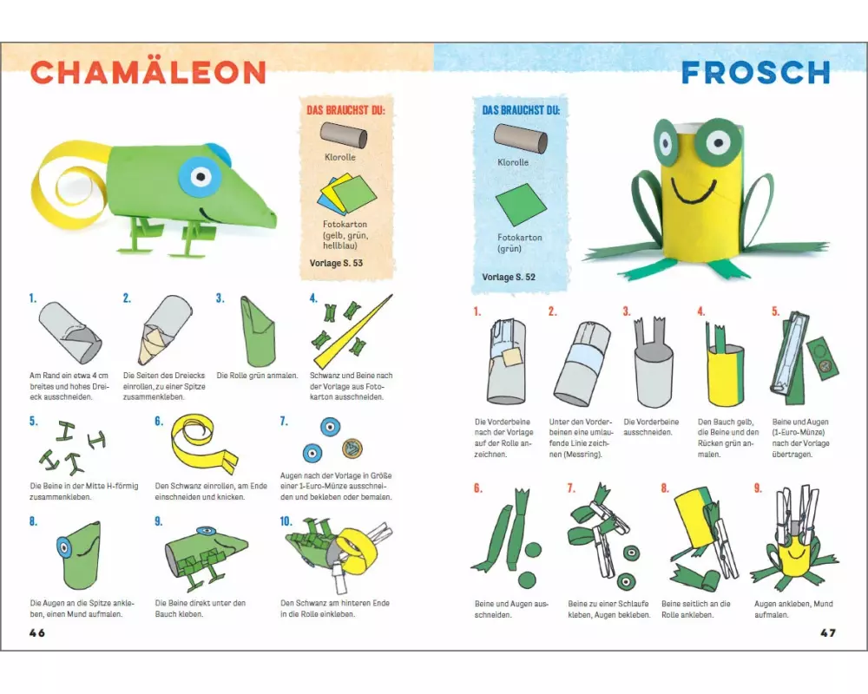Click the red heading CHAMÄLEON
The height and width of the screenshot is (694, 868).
pyautogui.click(x=148, y=73)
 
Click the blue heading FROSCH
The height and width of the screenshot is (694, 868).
pyautogui.click(x=756, y=73)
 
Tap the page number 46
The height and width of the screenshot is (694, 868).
pyautogui.click(x=37, y=632)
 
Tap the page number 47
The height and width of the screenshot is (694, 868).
pyautogui.click(x=827, y=632)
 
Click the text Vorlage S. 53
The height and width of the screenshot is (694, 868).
pyautogui.click(x=336, y=263)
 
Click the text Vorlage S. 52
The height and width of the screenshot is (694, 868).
pyautogui.click(x=509, y=277)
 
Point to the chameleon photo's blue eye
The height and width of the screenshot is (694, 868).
pyautogui.click(x=201, y=177)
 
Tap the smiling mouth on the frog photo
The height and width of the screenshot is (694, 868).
pyautogui.click(x=693, y=191)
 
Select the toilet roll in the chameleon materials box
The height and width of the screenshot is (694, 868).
pyautogui.click(x=344, y=135)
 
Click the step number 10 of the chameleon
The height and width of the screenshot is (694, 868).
pyautogui.click(x=286, y=521)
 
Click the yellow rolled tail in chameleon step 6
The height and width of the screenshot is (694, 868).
pyautogui.click(x=202, y=442)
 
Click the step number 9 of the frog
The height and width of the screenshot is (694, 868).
pyautogui.click(x=758, y=488)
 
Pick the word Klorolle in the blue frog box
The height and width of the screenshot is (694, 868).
pyautogui.click(x=513, y=162)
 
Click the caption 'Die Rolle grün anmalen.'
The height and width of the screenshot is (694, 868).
pyautogui.click(x=258, y=376)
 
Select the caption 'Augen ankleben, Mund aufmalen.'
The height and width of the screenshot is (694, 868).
pyautogui.click(x=793, y=609)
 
